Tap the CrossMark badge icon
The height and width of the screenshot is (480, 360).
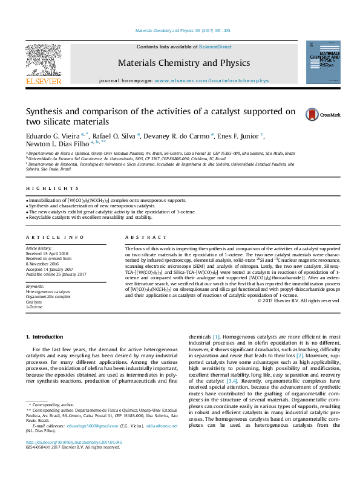[x=312, y=114]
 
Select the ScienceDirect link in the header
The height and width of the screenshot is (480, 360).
[x=215, y=47]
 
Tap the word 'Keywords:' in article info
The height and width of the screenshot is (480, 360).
[x=35, y=286]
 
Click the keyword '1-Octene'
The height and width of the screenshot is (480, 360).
[x=34, y=308]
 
